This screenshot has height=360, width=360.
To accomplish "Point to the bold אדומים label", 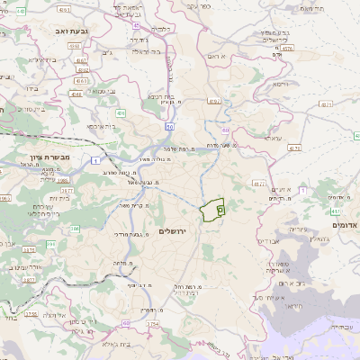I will pyautogui.click(x=345, y=224).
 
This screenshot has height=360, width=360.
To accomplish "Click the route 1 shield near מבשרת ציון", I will pyautogui.click(x=94, y=160).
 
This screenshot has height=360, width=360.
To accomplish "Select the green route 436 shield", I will pyautogui.click(x=120, y=113).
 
